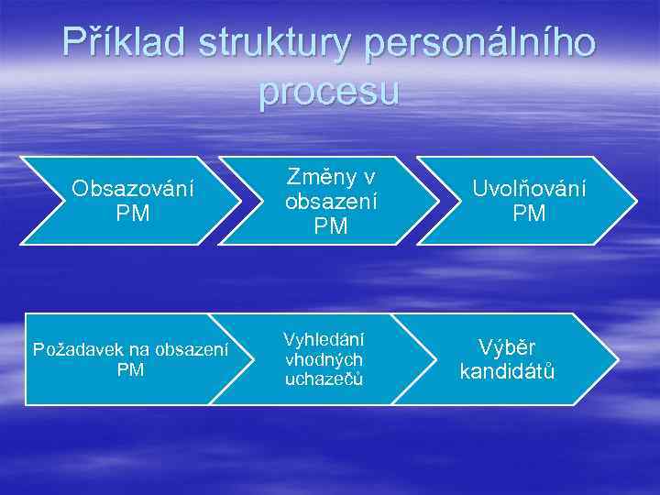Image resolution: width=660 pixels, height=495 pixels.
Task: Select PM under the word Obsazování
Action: (x=133, y=214)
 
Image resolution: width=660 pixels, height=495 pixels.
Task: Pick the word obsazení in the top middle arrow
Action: (x=331, y=200)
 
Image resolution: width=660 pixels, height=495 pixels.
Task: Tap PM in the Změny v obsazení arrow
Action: (x=331, y=225)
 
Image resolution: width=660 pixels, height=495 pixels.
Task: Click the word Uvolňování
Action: (x=529, y=188)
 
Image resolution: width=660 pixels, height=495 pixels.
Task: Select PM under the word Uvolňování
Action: (x=529, y=214)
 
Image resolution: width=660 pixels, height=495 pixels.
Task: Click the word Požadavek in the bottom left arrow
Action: (x=72, y=349)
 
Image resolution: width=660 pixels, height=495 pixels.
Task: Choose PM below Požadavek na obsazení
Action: (x=131, y=369)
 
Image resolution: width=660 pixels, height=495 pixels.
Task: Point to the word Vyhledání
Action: (x=324, y=339)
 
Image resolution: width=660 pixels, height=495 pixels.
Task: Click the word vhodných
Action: (x=324, y=359)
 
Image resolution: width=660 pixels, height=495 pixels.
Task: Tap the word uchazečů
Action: (x=324, y=379)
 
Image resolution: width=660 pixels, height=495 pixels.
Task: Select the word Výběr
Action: (x=507, y=347)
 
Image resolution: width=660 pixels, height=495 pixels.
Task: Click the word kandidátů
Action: (x=507, y=372)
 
